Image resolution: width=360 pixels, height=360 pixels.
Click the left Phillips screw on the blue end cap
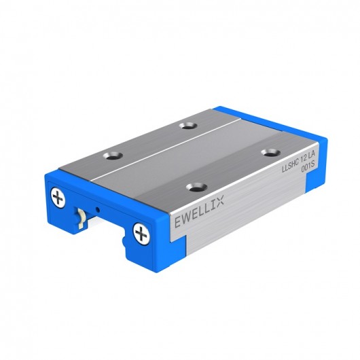[59, 198]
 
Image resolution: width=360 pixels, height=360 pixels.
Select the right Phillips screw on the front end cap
[141, 234]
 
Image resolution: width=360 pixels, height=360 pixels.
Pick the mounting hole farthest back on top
[188, 125]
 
